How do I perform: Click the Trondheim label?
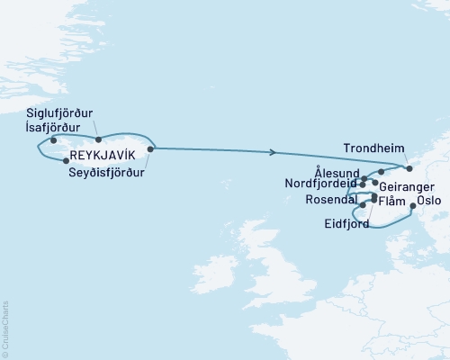pos(374,149)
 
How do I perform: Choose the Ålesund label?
pos(337,170)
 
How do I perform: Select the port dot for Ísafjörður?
pos(54,140)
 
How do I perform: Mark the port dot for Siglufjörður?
pos(98,139)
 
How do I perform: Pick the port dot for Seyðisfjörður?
pos(149,149)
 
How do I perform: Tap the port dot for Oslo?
pos(412,206)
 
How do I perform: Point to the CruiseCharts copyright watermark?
pos(5,328)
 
